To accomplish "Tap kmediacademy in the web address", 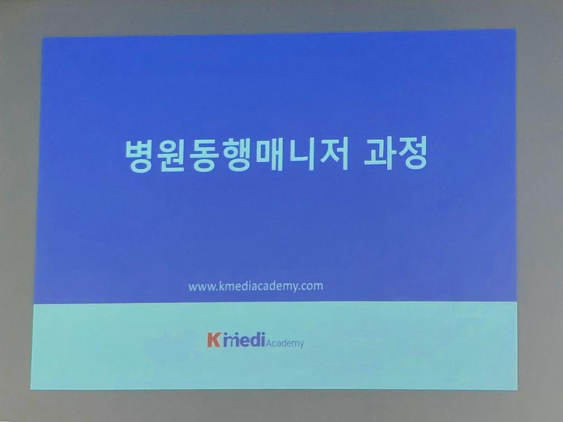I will pos(259,286).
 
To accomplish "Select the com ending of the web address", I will pos(313,286).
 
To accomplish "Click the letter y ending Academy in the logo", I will pos(301,345).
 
